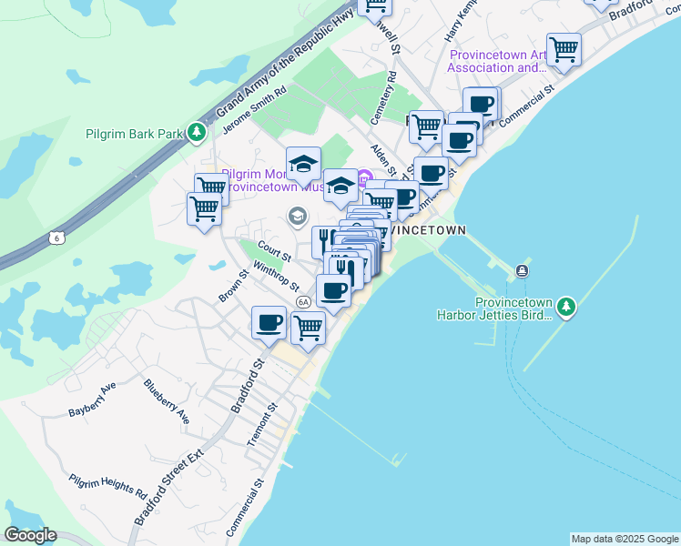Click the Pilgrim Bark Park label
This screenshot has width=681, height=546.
click(x=134, y=133)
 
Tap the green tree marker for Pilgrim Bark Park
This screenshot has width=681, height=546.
click(x=196, y=133)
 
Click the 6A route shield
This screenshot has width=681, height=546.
click(x=303, y=302)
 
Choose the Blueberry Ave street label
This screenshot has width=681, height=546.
click(x=167, y=401)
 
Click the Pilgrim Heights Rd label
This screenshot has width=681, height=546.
click(x=108, y=482)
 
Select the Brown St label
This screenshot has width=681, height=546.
click(x=233, y=286)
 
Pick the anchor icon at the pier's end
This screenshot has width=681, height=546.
click(x=522, y=271)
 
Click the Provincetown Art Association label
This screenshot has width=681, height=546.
click(x=498, y=60)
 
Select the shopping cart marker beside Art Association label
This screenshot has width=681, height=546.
click(x=564, y=48)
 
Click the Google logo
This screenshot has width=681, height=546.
click(x=30, y=535)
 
